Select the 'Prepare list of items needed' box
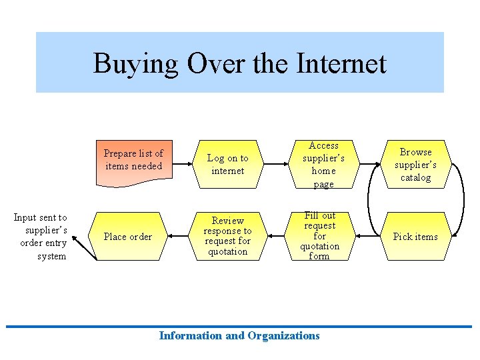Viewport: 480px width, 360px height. pyautogui.click(x=133, y=160)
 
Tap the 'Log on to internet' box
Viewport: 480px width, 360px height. pyautogui.click(x=227, y=164)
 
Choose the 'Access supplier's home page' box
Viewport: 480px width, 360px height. pyautogui.click(x=323, y=164)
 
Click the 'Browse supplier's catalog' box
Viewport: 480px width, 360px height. pyautogui.click(x=415, y=164)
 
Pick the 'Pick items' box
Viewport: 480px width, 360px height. pyautogui.click(x=415, y=236)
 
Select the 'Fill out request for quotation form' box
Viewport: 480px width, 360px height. pyautogui.click(x=319, y=236)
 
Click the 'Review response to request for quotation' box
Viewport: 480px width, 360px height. pyautogui.click(x=227, y=236)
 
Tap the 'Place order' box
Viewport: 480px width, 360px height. pyautogui.click(x=128, y=236)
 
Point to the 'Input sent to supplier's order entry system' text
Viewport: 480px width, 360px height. pyautogui.click(x=40, y=236)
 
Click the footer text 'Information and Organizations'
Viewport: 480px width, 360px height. pyautogui.click(x=239, y=335)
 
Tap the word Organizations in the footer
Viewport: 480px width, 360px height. pyautogui.click(x=283, y=335)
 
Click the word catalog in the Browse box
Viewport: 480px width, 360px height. pyautogui.click(x=415, y=177)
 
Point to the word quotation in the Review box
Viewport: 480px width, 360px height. pyautogui.click(x=227, y=251)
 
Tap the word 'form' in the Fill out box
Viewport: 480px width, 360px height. pyautogui.click(x=319, y=256)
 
